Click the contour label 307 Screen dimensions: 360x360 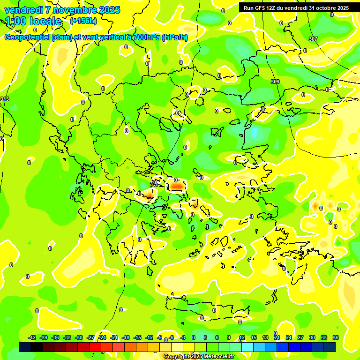click(x=313, y=39)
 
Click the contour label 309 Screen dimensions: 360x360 click(x=275, y=82)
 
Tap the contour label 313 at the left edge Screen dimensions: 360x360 click(x=5, y=99)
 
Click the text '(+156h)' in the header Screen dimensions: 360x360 click(x=83, y=21)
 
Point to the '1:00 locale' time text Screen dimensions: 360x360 click(x=34, y=21)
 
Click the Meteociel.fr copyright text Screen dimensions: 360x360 click(x=199, y=357)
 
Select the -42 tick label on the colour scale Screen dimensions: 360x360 click(x=32, y=337)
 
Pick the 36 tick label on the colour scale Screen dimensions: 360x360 click(x=336, y=337)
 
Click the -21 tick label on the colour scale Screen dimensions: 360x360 click(x=114, y=337)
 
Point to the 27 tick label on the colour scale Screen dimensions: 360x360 click(x=300, y=337)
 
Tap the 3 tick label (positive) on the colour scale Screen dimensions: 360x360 click(x=205, y=337)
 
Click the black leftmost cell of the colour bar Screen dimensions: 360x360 click(x=25, y=347)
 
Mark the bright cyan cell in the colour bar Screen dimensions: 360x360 click(x=247, y=347)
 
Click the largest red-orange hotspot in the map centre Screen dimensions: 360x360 click(x=177, y=187)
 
